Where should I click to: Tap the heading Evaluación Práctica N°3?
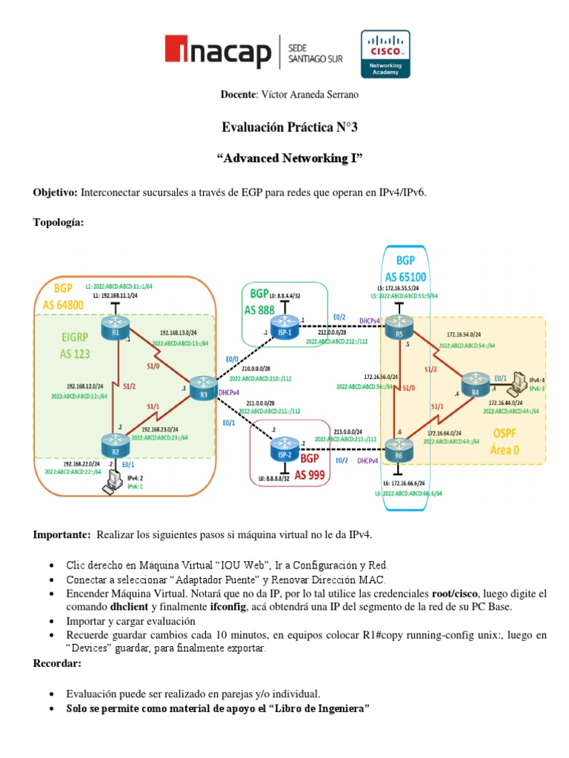point(290,127)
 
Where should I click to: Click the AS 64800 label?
point(64,304)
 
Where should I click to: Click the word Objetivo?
point(56,192)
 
